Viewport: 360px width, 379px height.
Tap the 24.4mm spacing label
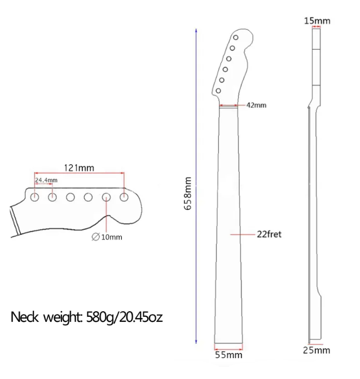coord(46,180)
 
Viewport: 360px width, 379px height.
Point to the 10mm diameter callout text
coord(111,237)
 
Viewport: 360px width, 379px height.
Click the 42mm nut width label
coord(256,105)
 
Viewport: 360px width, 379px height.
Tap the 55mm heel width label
coord(230,355)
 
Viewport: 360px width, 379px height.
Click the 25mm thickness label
coord(317,350)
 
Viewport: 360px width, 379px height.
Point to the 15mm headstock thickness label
coord(317,21)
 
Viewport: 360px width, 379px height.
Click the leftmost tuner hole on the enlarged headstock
coord(34,197)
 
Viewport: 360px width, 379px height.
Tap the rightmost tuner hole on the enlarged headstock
coord(124,197)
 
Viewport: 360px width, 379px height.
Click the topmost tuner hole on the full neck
coord(236,38)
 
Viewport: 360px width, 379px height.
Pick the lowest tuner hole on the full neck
coord(219,90)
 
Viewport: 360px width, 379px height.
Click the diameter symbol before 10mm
coord(95,237)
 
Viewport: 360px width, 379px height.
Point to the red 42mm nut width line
coord(229,105)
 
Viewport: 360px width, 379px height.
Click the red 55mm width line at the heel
coord(229,344)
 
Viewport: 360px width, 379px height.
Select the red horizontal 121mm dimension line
coord(79,174)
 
